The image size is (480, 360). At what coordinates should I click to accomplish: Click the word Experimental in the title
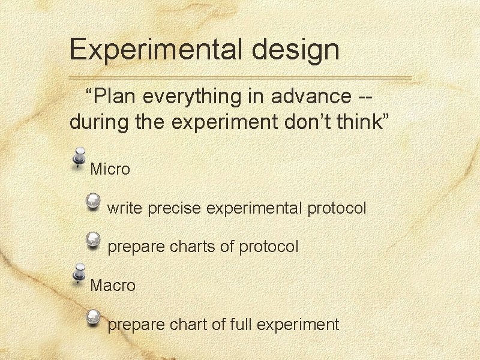pos(155,50)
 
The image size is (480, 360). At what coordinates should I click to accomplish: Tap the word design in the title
pos(296,50)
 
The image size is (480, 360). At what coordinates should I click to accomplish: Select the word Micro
pos(110,169)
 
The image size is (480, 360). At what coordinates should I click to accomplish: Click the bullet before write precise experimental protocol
pos(93,203)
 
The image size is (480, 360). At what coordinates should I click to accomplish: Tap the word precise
pos(174,208)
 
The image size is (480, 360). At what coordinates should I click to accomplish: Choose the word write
pos(125,208)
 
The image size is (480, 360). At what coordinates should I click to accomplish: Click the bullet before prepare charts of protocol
pos(93,241)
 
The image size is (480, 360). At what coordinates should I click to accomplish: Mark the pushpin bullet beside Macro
pos(79,274)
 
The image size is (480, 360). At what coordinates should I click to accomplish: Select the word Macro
pos(113,285)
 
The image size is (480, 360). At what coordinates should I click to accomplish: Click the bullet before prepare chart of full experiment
pos(93,319)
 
